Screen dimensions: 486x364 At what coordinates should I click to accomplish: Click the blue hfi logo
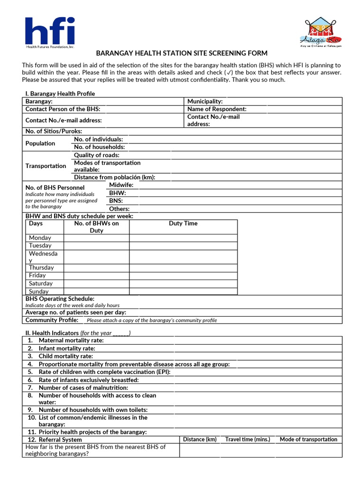[50, 33]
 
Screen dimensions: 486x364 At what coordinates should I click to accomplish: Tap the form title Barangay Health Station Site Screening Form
[182, 53]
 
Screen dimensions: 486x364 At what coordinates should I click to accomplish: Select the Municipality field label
[205, 102]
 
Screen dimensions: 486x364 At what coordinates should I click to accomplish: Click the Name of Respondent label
[217, 109]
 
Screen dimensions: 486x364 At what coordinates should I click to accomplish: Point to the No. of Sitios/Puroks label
[54, 131]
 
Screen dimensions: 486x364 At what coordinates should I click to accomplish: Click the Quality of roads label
[97, 155]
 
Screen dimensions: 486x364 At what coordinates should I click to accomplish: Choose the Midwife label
[121, 185]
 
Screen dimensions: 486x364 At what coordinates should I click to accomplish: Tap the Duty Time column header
[183, 224]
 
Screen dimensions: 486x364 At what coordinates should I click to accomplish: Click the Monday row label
[40, 238]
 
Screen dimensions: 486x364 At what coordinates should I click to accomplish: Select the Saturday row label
[41, 283]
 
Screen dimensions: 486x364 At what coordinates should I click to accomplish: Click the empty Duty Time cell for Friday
[183, 275]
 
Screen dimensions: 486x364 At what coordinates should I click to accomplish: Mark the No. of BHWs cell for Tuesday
[96, 245]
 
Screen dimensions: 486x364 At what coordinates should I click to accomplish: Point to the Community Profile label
[52, 320]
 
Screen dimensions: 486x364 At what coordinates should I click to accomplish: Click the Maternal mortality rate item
[71, 340]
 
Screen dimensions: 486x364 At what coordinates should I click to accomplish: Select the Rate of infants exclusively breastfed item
[89, 380]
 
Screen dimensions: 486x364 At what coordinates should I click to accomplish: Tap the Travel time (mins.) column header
[247, 439]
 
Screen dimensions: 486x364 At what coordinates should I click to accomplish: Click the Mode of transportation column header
[309, 439]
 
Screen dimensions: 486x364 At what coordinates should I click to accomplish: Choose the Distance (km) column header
[200, 439]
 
